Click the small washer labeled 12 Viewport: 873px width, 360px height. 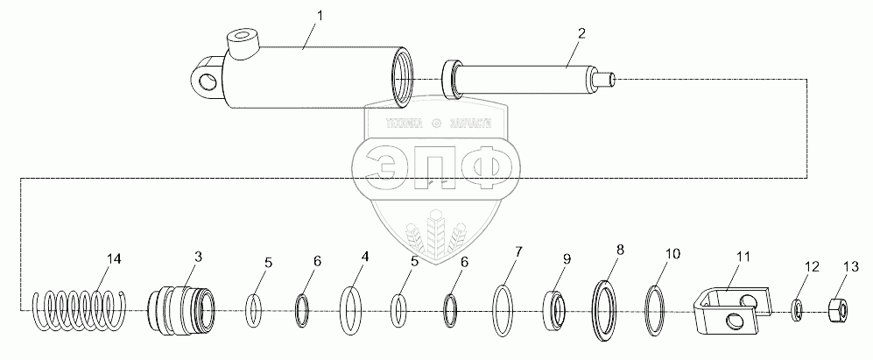point(798,309)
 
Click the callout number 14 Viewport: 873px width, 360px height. point(115,258)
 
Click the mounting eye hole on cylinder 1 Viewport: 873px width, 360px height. point(208,82)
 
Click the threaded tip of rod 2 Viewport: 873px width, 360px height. point(609,79)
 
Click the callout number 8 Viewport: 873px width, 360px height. point(620,250)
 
